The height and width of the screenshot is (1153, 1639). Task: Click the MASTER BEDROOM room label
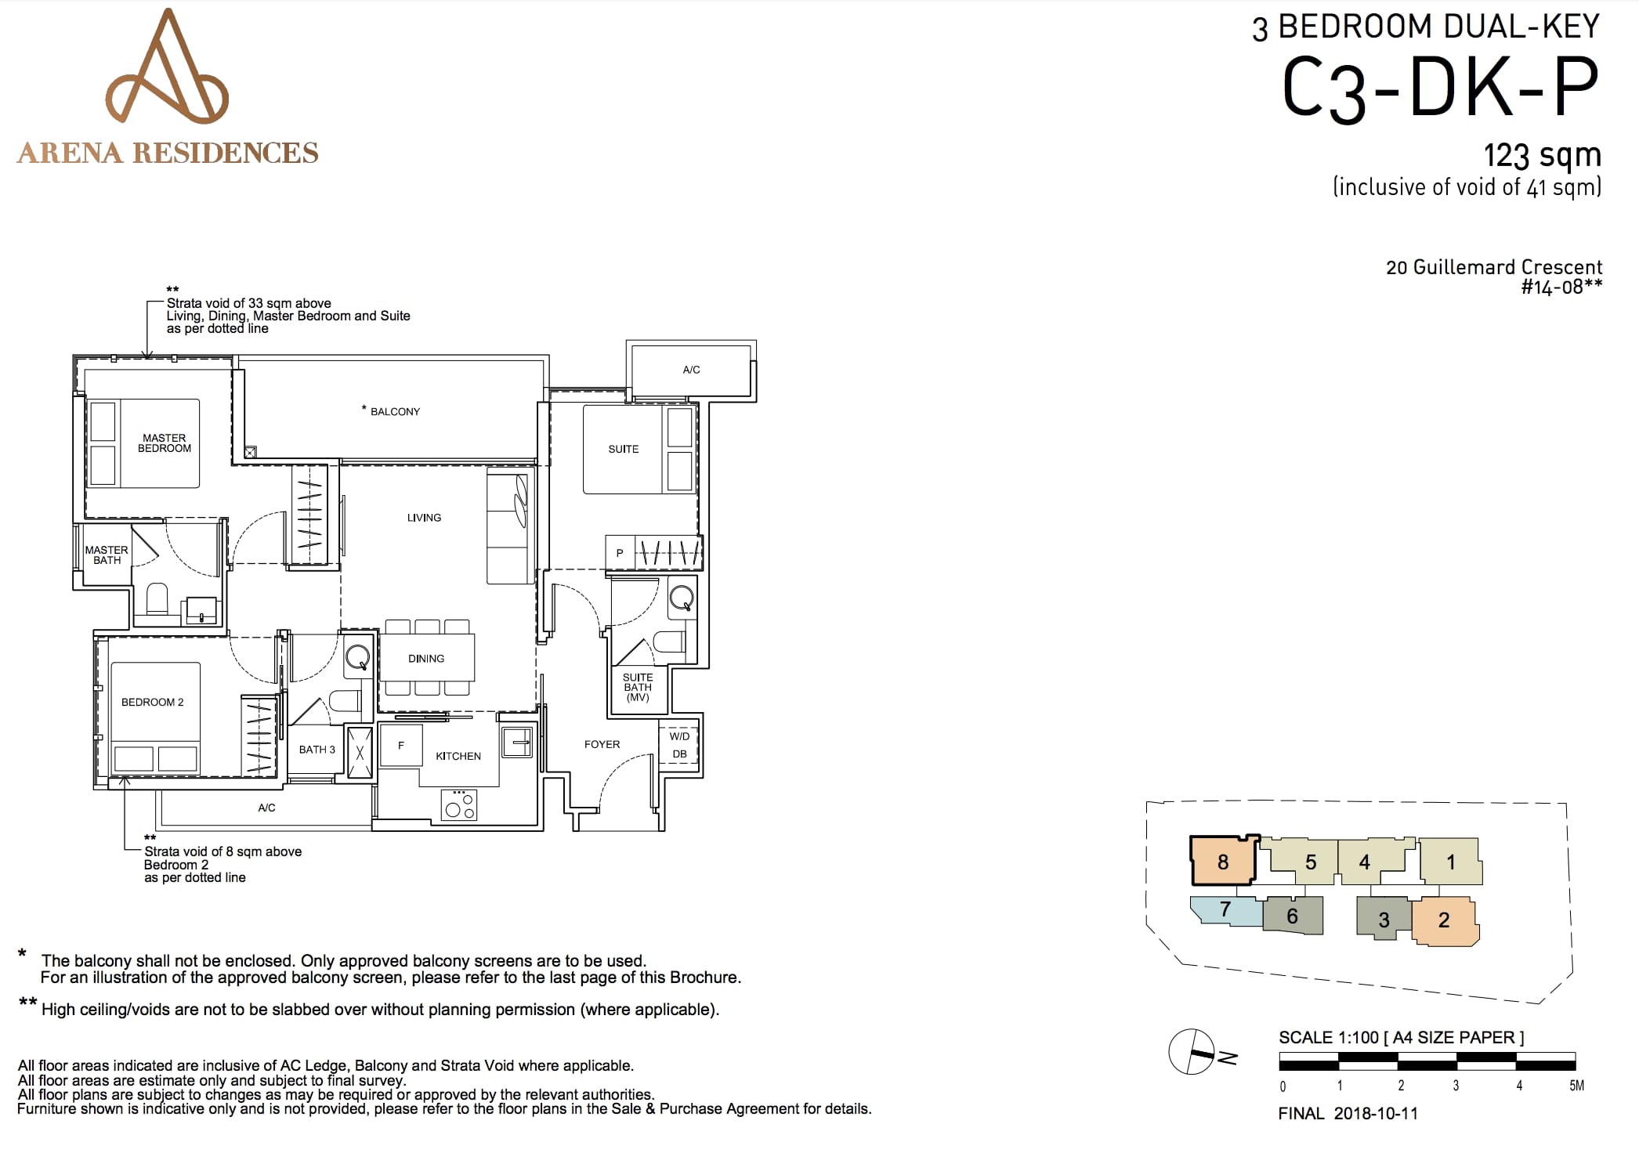pyautogui.click(x=165, y=443)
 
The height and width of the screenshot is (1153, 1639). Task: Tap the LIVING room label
pyautogui.click(x=424, y=518)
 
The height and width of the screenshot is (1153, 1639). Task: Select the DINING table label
pyautogui.click(x=426, y=659)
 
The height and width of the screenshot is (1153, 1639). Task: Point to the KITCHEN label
pyautogui.click(x=458, y=756)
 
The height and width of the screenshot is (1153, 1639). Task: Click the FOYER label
pyautogui.click(x=602, y=744)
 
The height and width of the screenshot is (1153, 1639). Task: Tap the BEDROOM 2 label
pyautogui.click(x=153, y=702)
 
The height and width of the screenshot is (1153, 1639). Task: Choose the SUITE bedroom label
pyautogui.click(x=624, y=449)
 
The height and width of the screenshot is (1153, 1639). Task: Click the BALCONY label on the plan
pyautogui.click(x=395, y=411)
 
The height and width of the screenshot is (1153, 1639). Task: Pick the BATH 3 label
pyautogui.click(x=317, y=750)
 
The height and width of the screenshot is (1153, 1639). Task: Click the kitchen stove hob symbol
pyautogui.click(x=459, y=804)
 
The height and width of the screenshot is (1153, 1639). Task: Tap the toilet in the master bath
pyautogui.click(x=157, y=599)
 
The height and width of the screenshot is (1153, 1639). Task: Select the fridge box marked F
pyautogui.click(x=401, y=745)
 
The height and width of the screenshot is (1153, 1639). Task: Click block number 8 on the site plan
pyautogui.click(x=1224, y=862)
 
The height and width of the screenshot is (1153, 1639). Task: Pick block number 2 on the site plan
pyautogui.click(x=1445, y=920)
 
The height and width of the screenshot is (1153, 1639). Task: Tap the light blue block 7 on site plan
pyautogui.click(x=1226, y=910)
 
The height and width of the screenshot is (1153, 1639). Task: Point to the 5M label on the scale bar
pyautogui.click(x=1576, y=1086)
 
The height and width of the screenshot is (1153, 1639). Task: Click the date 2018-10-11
pyautogui.click(x=1376, y=1113)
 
